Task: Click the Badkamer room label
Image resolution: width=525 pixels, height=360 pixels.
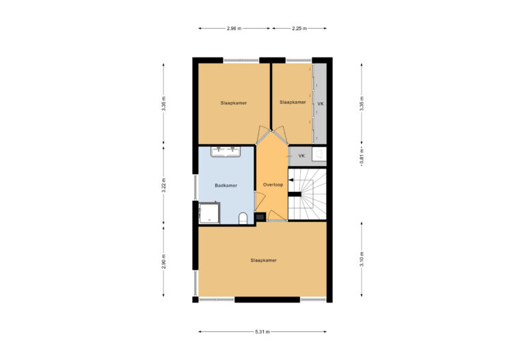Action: [x=226, y=185]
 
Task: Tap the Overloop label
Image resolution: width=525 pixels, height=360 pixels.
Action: [x=273, y=185]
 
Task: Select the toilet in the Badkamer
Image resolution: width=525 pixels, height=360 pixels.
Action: [x=243, y=217]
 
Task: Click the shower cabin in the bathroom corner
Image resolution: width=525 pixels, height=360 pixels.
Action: [x=208, y=212]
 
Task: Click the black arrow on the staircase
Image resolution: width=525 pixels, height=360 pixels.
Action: [x=291, y=180]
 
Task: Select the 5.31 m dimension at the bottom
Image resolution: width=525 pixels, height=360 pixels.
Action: [x=262, y=332]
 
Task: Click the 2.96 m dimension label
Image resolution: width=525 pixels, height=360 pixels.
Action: [x=234, y=29]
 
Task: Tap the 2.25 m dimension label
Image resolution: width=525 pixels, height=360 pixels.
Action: [x=299, y=29]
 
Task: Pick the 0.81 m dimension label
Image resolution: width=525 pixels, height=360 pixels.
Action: [x=362, y=156]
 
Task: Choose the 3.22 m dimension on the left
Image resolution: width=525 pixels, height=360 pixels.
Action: [x=163, y=185]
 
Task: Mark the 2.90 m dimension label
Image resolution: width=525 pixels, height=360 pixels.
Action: [x=163, y=262]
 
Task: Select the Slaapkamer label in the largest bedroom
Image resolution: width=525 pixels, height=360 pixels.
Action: [x=263, y=260]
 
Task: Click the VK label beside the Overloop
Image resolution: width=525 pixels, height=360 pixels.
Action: [x=302, y=156]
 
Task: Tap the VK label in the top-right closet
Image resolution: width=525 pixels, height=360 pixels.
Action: [x=320, y=103]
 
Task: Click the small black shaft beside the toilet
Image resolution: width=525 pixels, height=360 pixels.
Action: [x=260, y=217]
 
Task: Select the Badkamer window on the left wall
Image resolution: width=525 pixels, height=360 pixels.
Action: [x=196, y=185]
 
